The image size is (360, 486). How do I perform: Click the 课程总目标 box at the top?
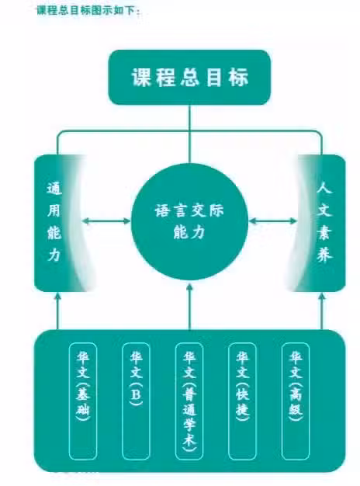pyautogui.click(x=189, y=77)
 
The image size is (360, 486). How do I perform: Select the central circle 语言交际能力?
pyautogui.click(x=189, y=221)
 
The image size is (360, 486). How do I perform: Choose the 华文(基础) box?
pyautogui.click(x=83, y=401)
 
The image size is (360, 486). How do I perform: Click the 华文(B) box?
pyautogui.click(x=136, y=401)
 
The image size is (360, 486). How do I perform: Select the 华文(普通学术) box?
pyautogui.click(x=189, y=401)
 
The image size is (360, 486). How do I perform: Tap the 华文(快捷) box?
pyautogui.click(x=242, y=401)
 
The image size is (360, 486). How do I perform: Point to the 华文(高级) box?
pyautogui.click(x=296, y=401)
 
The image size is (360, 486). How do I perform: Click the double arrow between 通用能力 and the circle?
pyautogui.click(x=107, y=221)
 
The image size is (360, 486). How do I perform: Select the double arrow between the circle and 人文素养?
pyautogui.click(x=273, y=221)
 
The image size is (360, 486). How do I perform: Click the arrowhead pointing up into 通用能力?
pyautogui.click(x=57, y=297)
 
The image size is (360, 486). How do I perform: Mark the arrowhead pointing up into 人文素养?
pyautogui.click(x=322, y=297)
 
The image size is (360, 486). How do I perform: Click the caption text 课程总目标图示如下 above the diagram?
pyautogui.click(x=88, y=10)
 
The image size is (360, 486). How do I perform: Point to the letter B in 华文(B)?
pyautogui.click(x=136, y=394)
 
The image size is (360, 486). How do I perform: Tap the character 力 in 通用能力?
pyautogui.click(x=54, y=255)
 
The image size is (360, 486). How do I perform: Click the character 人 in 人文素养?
pyautogui.click(x=324, y=188)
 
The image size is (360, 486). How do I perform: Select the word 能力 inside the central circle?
pyautogui.click(x=189, y=231)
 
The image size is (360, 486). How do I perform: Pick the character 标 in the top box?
pyautogui.click(x=239, y=77)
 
